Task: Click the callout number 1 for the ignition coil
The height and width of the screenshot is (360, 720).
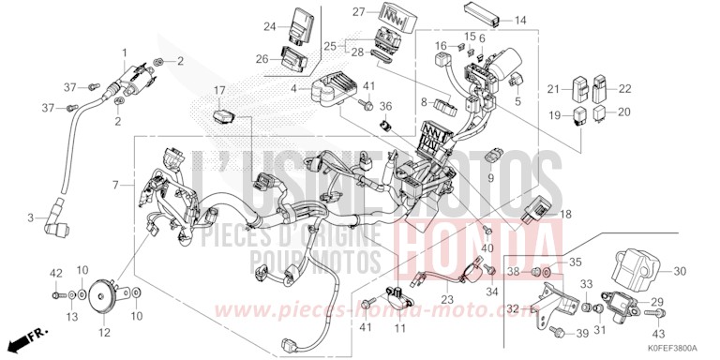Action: [123, 51]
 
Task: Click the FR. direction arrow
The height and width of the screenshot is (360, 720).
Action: [32, 334]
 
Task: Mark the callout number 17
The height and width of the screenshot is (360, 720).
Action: [219, 91]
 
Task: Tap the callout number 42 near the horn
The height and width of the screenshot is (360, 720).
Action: [56, 273]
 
